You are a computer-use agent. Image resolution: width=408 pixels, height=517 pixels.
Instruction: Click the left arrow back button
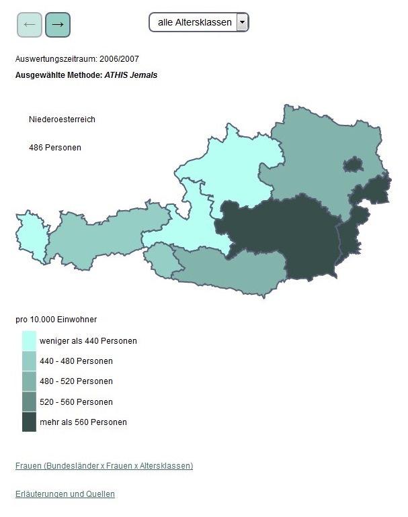point(29,24)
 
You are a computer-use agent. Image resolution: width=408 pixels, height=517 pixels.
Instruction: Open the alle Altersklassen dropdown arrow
point(242,22)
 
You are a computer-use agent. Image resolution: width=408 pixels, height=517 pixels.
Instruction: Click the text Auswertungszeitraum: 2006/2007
point(77,59)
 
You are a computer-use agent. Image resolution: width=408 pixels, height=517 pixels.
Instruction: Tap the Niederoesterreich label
point(62,120)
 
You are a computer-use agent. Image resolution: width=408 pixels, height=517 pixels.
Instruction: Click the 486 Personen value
point(55,147)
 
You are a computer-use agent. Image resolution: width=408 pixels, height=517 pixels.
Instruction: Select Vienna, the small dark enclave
point(353,164)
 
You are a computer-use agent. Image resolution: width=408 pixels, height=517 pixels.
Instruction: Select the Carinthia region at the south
point(229,269)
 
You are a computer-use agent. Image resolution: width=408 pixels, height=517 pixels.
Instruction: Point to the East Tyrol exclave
point(159,259)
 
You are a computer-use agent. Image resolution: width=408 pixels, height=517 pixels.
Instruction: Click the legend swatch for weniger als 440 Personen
point(29,340)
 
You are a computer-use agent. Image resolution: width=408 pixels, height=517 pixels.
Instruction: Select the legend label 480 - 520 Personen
point(76,381)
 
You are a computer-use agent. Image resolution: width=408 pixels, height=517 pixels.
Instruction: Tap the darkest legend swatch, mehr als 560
point(29,422)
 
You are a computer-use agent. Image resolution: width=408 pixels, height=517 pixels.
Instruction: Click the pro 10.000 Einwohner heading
point(56,320)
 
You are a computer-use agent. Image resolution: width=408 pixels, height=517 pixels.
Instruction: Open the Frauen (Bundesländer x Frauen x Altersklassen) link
point(104,466)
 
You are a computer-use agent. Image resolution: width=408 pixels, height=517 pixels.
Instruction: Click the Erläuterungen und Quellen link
point(65,494)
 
